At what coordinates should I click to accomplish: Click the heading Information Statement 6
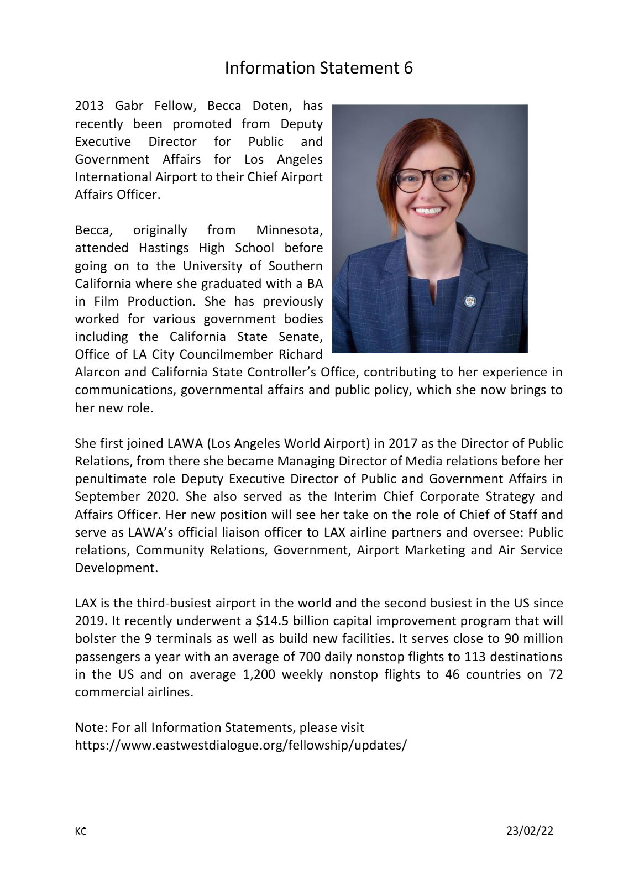click(318, 68)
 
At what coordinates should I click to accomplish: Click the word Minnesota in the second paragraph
click(289, 230)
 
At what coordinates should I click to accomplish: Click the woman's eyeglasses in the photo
click(431, 179)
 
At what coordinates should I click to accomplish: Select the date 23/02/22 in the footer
click(530, 831)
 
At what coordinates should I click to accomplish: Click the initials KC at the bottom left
click(81, 832)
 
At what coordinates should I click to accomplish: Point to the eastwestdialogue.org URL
click(240, 745)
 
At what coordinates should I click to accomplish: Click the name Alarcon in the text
click(97, 372)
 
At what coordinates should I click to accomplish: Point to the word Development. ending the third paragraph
click(116, 568)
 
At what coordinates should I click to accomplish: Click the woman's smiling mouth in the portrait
click(430, 211)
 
